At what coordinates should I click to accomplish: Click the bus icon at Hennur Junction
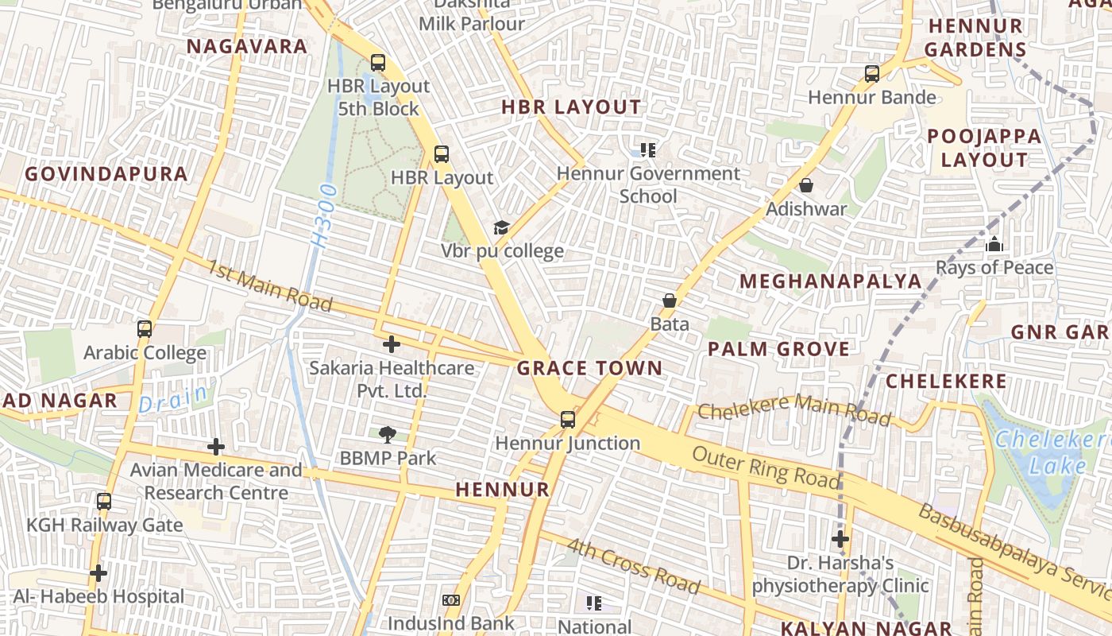(x=568, y=419)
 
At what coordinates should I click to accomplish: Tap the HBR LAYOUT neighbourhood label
(x=571, y=107)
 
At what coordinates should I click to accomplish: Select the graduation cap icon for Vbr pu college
(x=501, y=228)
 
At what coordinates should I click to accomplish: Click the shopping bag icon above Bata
(x=670, y=301)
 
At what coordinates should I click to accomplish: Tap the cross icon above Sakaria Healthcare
(x=391, y=344)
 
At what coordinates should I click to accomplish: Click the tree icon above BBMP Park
(x=388, y=434)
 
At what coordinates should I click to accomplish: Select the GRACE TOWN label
(x=589, y=368)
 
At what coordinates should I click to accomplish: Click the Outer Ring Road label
(x=765, y=467)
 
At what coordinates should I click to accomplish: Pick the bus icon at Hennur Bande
(x=872, y=74)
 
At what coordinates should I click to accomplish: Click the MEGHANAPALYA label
(x=830, y=281)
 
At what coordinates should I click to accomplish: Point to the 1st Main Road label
(x=269, y=284)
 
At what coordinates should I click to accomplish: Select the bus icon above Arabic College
(x=145, y=328)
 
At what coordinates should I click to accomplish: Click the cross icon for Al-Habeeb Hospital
(x=98, y=572)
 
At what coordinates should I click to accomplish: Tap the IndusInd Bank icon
(x=451, y=600)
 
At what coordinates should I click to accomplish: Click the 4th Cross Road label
(x=634, y=566)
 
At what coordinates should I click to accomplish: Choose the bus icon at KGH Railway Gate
(x=104, y=501)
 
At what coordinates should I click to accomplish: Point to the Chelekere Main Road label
(x=794, y=409)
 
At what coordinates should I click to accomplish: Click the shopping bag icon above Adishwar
(x=806, y=185)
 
